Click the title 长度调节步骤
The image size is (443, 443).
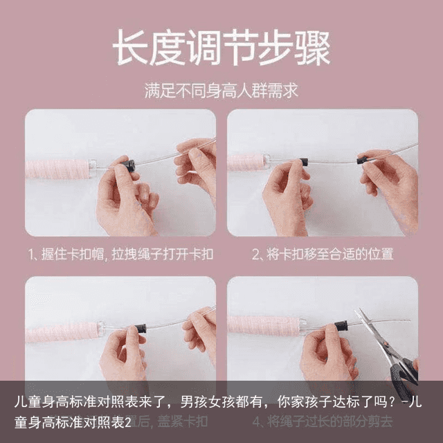coord(221,48)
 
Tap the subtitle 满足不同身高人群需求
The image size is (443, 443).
coord(221,91)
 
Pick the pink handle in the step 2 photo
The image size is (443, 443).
coord(247,163)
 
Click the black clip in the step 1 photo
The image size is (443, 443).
coord(129,165)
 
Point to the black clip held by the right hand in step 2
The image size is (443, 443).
coord(361,160)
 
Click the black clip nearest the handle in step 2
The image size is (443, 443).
coord(304,162)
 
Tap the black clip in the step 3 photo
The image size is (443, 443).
coord(140,328)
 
